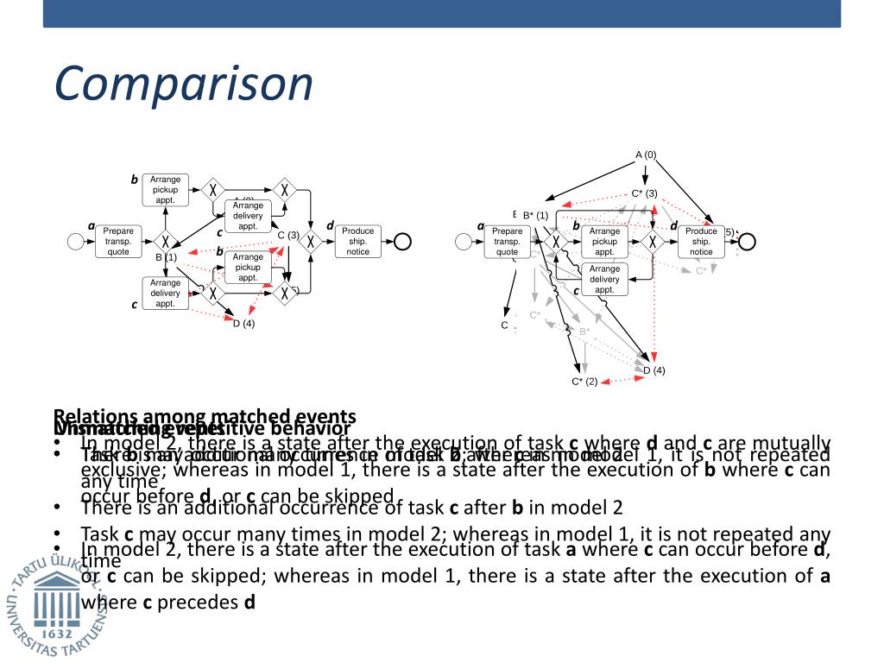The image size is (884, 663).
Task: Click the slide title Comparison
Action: point(183,84)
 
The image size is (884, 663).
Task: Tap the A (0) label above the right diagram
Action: point(646,155)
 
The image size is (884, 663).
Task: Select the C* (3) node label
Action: point(644,193)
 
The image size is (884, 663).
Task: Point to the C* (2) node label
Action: point(584,382)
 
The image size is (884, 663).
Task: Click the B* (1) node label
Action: point(535,215)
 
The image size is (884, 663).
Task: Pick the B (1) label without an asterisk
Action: point(166,257)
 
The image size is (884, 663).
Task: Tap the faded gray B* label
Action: point(584,331)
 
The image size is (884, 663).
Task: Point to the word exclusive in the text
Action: point(117,470)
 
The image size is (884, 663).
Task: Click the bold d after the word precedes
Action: point(249,602)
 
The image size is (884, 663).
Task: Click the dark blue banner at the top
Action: point(442,13)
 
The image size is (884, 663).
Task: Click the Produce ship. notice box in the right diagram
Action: point(701,242)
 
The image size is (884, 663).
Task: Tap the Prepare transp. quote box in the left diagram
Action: point(118,242)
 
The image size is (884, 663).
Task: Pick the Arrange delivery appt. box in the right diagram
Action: point(604,279)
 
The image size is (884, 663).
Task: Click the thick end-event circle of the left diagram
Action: point(401,242)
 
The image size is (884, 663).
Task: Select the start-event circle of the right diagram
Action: point(464,242)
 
